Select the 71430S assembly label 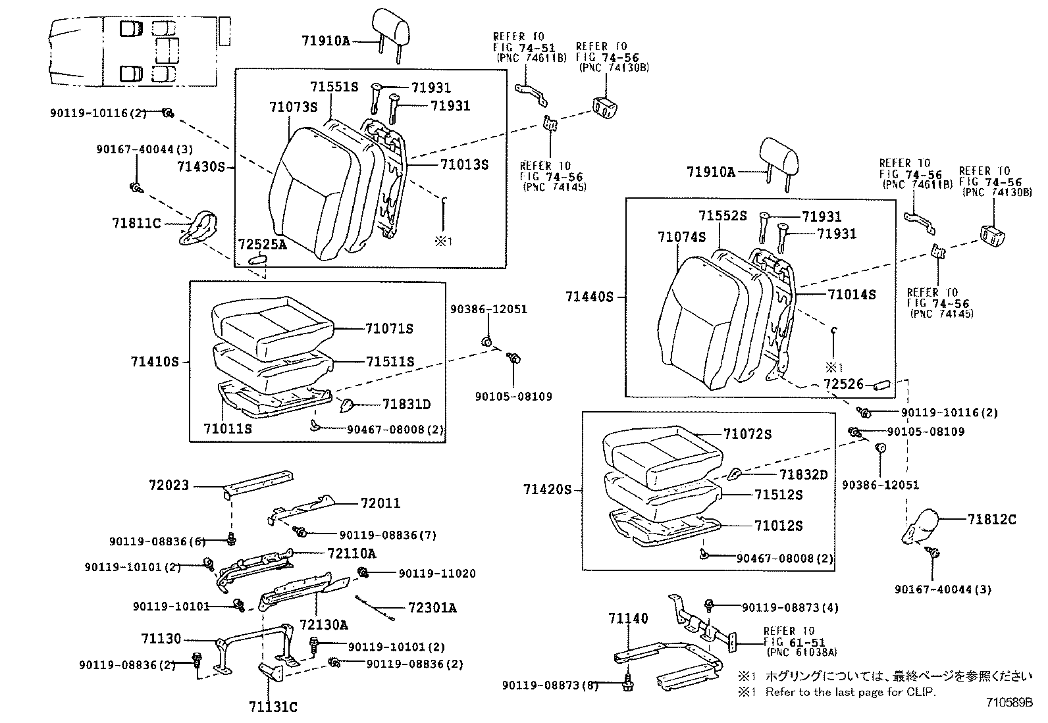coord(201,166)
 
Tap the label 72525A coord(262,245)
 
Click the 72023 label coord(169,486)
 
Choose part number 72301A coord(432,607)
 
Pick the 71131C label coord(273,707)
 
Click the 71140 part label coord(628,618)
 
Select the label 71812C coord(991,520)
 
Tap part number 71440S coord(589,297)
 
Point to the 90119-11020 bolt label coord(436,574)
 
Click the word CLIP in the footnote coord(922,691)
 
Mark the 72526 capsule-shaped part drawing coord(881,384)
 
